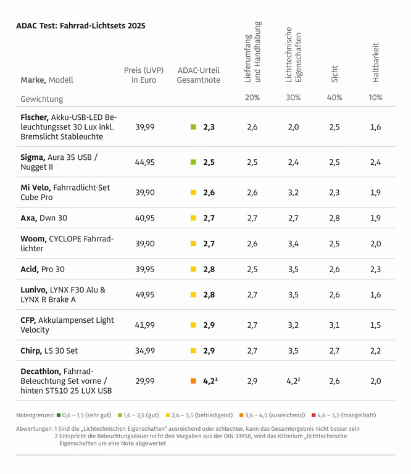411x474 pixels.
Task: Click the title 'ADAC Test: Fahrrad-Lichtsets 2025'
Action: pos(80,26)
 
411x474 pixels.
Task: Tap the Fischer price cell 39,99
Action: pos(145,127)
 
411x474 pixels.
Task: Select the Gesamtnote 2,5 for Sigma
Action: pos(209,162)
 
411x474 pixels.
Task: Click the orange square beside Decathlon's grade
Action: pos(193,381)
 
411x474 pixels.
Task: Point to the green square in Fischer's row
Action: pos(193,127)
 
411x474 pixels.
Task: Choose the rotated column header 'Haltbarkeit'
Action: pos(375,62)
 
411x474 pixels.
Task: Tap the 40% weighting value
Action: pos(334,98)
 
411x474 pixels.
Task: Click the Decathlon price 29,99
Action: pos(145,381)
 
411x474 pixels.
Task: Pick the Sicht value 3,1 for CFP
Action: pos(334,325)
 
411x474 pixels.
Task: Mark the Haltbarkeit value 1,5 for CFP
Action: pos(375,325)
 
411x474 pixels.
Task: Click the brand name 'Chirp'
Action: pos(31,351)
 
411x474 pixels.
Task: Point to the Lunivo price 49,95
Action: pos(145,294)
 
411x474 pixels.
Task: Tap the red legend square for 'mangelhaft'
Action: pos(313,415)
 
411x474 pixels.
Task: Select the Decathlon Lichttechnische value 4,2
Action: pos(292,381)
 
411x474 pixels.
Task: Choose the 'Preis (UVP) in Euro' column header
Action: pos(143,75)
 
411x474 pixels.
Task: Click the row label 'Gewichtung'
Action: pos(42,99)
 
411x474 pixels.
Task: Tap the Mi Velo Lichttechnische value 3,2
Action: pos(293,193)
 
